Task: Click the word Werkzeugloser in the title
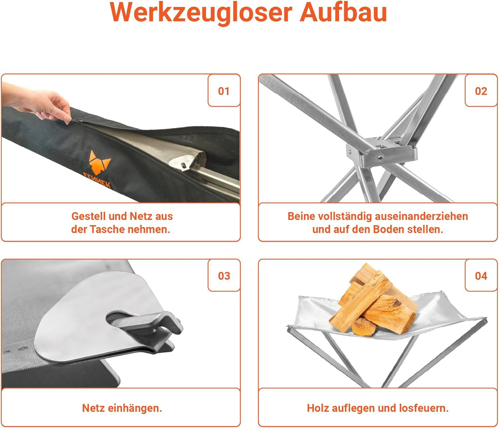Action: (201, 12)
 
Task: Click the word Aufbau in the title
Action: (343, 12)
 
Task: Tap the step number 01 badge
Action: (224, 91)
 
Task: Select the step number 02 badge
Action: (481, 91)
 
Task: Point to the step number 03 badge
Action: (224, 275)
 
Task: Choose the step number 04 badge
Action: (481, 275)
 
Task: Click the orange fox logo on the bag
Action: (99, 162)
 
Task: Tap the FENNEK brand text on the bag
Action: (97, 180)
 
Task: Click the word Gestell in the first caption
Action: (89, 216)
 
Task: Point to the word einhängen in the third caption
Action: (135, 408)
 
